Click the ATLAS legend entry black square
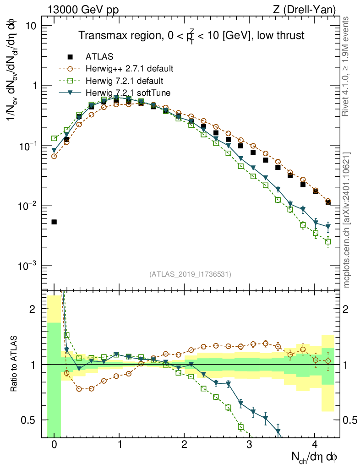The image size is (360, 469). point(70,57)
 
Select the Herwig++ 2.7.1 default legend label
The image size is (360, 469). point(129,69)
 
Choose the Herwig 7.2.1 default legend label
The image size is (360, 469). point(125,81)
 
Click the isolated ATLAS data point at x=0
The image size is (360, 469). point(54,222)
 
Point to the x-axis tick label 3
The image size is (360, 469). point(249,444)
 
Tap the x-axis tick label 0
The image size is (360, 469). point(54,444)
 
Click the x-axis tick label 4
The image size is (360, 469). point(315,444)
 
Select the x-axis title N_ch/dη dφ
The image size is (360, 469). point(315,457)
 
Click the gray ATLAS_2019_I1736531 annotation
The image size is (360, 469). point(190,274)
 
